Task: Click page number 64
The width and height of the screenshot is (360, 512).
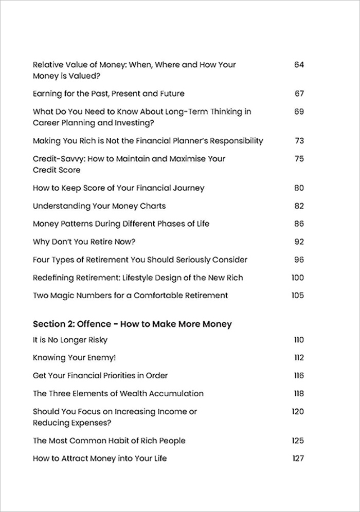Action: pos(299,65)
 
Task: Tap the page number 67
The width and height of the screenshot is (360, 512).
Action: pos(299,94)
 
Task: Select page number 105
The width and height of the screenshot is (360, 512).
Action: pos(297,296)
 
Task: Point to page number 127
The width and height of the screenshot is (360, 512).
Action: pos(298,459)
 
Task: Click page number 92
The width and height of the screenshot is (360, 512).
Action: pos(299,242)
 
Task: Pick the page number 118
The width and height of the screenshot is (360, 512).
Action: pos(298,394)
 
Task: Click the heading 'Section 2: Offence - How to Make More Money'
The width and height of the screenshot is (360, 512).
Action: pos(132,324)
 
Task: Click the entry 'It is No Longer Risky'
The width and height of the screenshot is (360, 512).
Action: pos(70,340)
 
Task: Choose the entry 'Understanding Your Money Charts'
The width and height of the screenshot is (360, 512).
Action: pos(99,206)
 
